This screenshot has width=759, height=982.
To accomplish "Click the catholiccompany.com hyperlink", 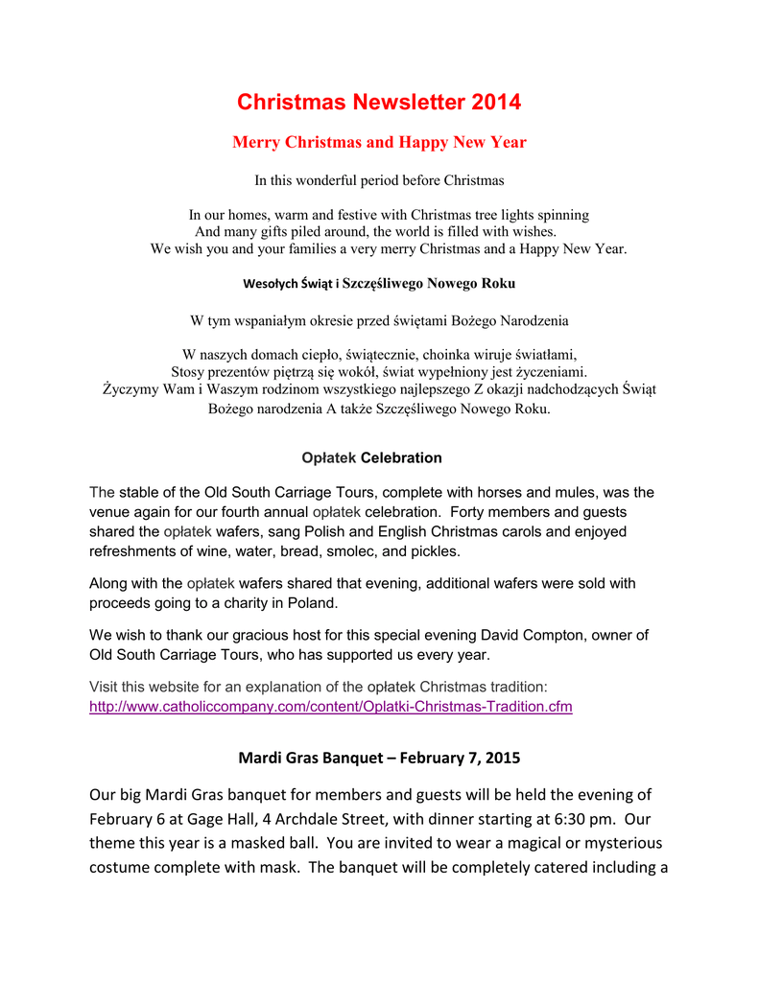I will click(x=330, y=707).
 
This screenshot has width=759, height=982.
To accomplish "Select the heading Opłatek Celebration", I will click(x=371, y=458).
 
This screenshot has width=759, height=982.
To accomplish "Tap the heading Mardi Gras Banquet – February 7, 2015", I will click(x=379, y=759).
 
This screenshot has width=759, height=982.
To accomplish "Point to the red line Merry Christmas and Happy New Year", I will click(x=379, y=143).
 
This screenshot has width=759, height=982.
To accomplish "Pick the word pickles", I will click(x=433, y=551).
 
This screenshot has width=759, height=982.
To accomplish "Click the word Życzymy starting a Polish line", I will click(x=133, y=389).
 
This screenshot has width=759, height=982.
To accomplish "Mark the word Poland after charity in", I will click(x=313, y=602).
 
